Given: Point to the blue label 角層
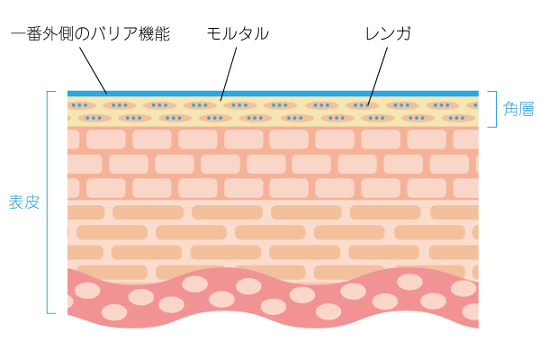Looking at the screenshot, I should pyautogui.click(x=518, y=110).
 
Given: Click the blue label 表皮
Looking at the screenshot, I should pyautogui.click(x=24, y=202).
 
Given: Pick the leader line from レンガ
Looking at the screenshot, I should pyautogui.click(x=378, y=72).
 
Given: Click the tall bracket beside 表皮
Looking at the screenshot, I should pyautogui.click(x=47, y=202).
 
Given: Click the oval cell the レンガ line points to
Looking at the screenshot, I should pyautogui.click(x=365, y=105).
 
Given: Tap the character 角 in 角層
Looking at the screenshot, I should pyautogui.click(x=510, y=110).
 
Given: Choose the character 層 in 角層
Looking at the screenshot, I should pyautogui.click(x=526, y=110).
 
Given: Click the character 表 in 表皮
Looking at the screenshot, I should pyautogui.click(x=16, y=202).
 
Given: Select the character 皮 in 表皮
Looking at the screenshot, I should pyautogui.click(x=32, y=202).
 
